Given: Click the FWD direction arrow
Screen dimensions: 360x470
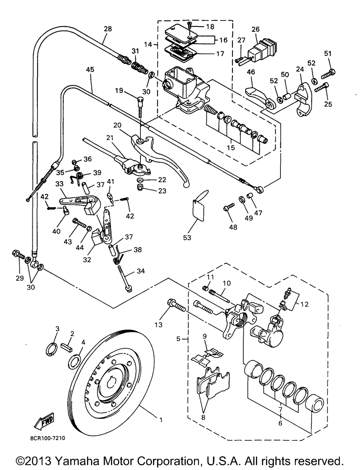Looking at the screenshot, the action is (x=44, y=421).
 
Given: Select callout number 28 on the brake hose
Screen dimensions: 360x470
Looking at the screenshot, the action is (x=108, y=28).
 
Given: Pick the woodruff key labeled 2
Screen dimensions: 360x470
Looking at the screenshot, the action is (x=67, y=348).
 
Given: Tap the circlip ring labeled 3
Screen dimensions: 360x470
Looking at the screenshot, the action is (x=51, y=349).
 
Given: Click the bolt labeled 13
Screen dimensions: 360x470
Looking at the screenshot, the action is (x=176, y=306).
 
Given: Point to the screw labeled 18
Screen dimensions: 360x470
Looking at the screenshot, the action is (x=190, y=25).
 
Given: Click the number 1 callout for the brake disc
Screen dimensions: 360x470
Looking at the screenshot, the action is (x=161, y=420).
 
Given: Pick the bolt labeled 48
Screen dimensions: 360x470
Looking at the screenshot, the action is (x=229, y=206).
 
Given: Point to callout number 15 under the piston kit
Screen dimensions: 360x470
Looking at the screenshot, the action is (x=231, y=148).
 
